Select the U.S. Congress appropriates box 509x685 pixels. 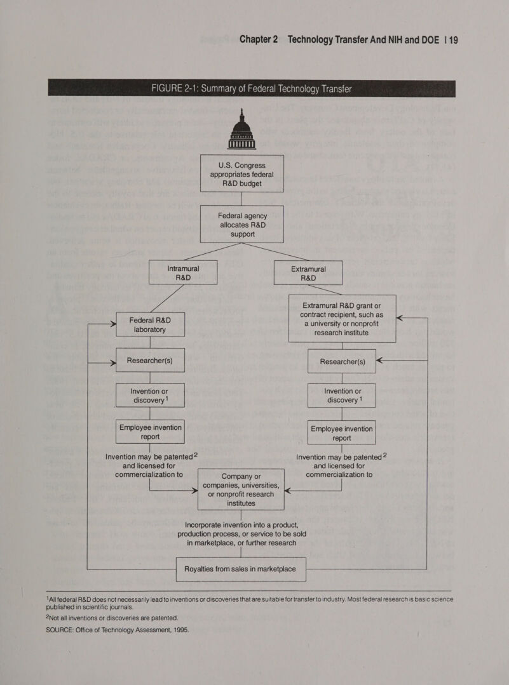point(241,173)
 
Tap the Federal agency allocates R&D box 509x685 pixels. point(241,224)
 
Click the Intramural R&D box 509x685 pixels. point(183,273)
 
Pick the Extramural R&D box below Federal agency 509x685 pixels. point(308,273)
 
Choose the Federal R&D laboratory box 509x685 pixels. point(151,324)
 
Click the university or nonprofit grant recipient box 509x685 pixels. point(342,319)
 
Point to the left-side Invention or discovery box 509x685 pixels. point(151,396)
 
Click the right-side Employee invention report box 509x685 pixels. point(342,433)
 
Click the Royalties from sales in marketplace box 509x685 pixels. point(240,569)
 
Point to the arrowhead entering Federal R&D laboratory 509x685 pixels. point(113,324)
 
